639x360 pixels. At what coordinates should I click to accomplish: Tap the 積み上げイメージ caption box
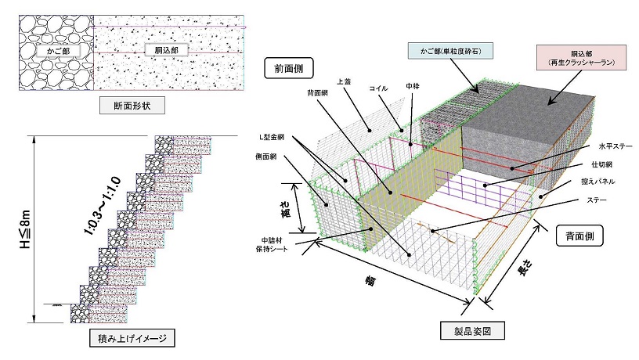pyautogui.click(x=130, y=339)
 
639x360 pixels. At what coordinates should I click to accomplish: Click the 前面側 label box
pyautogui.click(x=289, y=69)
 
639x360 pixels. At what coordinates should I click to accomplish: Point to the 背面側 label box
pyautogui.click(x=579, y=236)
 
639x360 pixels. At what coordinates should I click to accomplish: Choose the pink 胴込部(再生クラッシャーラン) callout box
pyautogui.click(x=576, y=56)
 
